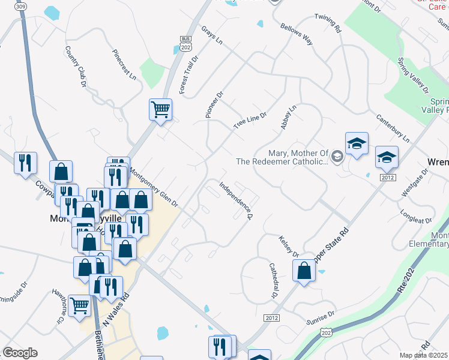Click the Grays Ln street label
212,36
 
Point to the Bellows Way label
297,34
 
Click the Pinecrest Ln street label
124,64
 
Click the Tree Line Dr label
250,119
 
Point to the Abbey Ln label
288,118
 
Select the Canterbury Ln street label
393,127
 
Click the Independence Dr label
235,200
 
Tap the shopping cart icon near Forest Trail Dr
160,110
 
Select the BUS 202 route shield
185,43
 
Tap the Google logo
20,353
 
